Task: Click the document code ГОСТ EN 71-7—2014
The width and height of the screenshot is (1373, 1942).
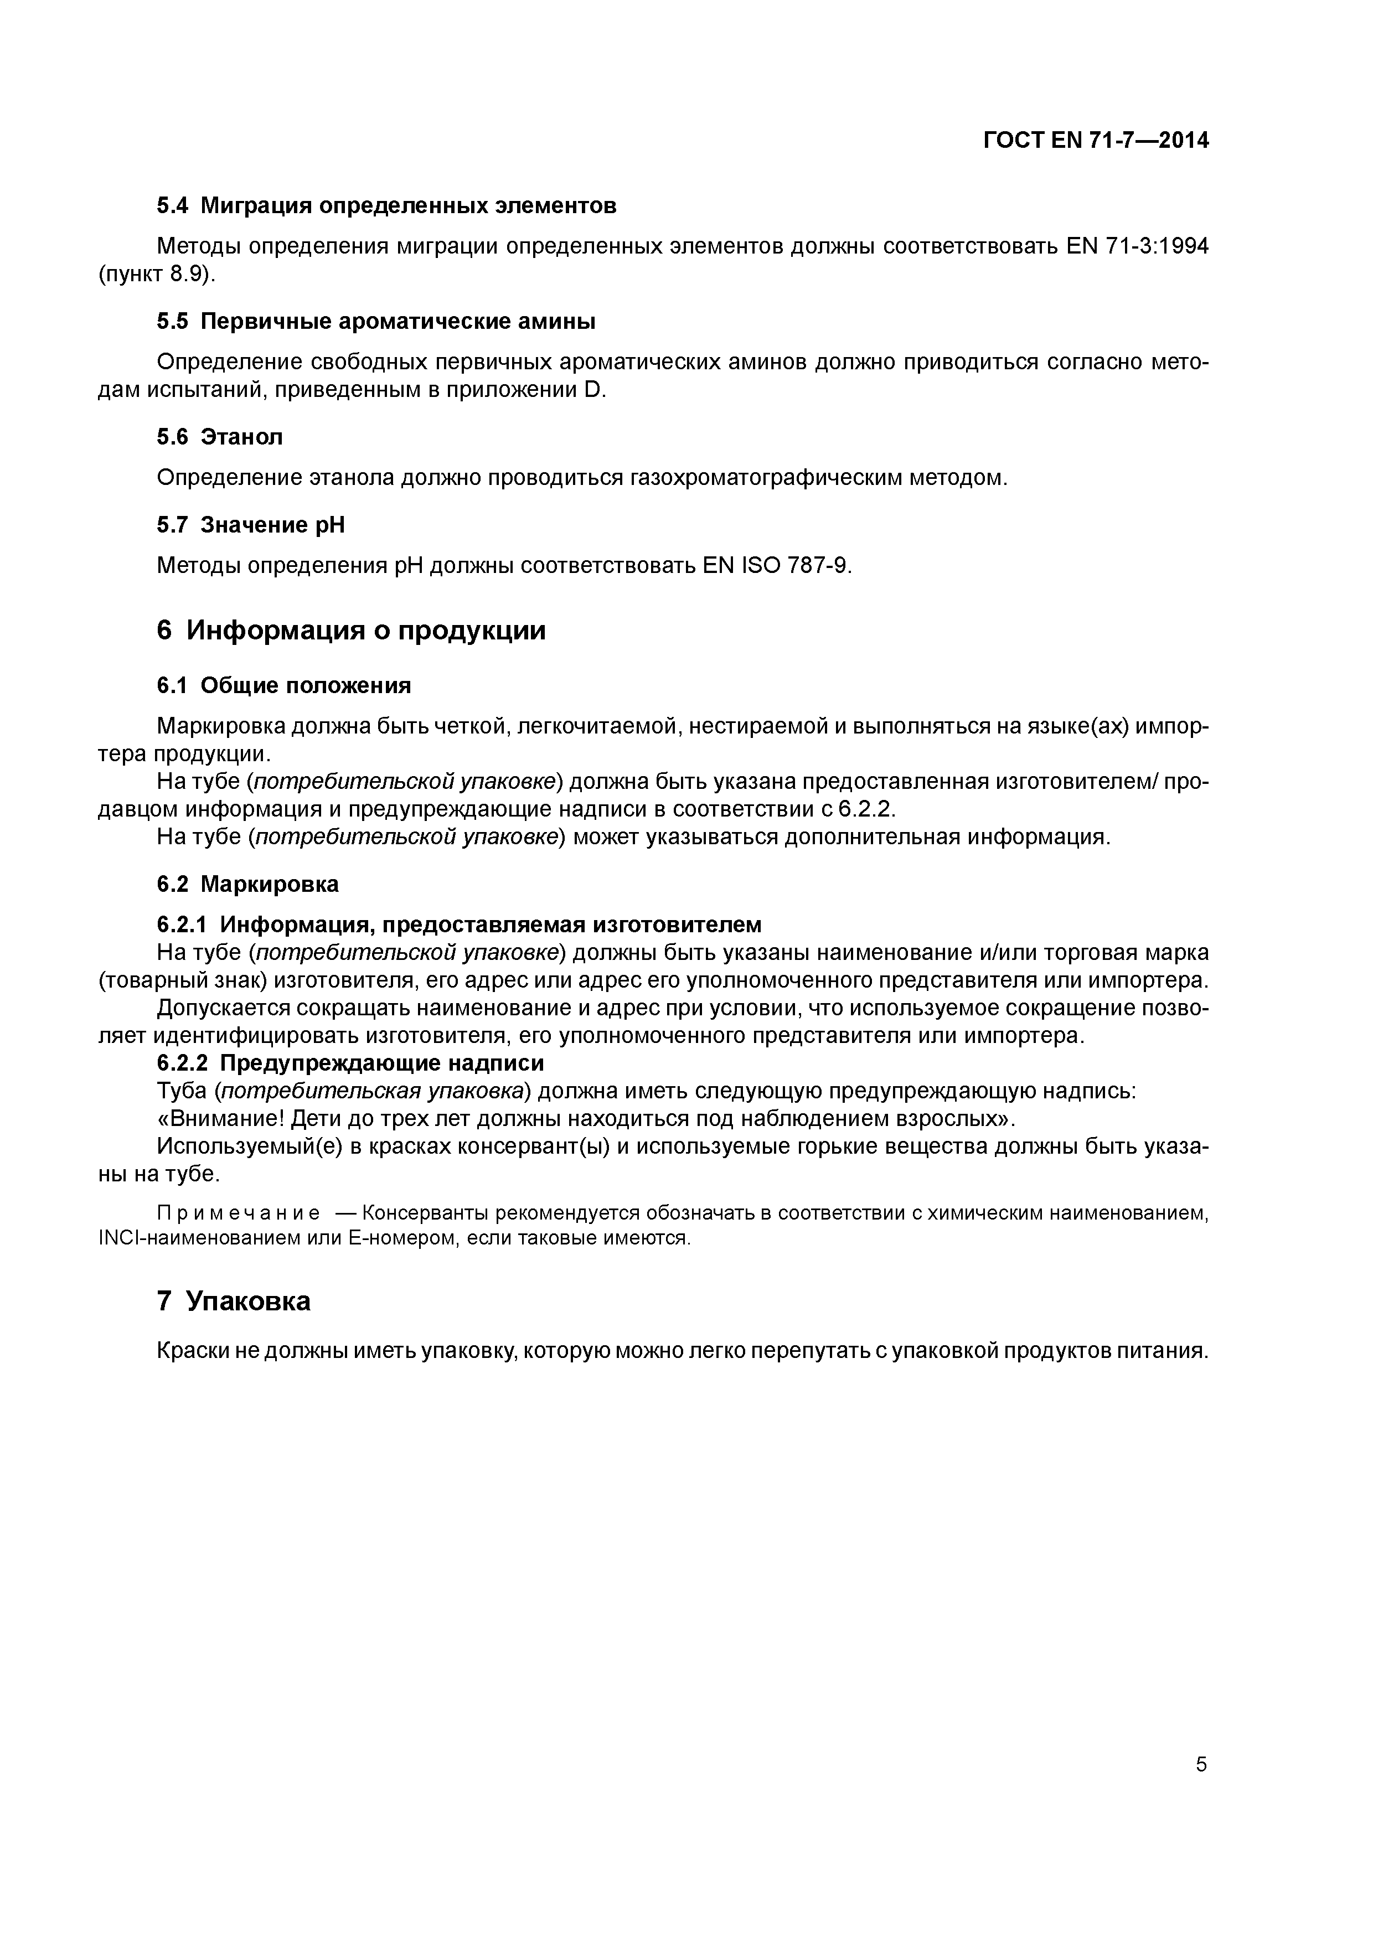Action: click(x=1096, y=141)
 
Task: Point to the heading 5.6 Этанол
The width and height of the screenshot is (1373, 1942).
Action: click(x=220, y=436)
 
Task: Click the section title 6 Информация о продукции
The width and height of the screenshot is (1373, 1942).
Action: click(x=351, y=630)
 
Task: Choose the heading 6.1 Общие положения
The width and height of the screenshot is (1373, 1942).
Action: click(x=283, y=685)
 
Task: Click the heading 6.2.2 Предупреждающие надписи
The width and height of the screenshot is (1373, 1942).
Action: click(x=350, y=1062)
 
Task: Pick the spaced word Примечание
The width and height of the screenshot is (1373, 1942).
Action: click(x=239, y=1213)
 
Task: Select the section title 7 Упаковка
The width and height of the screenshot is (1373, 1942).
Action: click(x=234, y=1301)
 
